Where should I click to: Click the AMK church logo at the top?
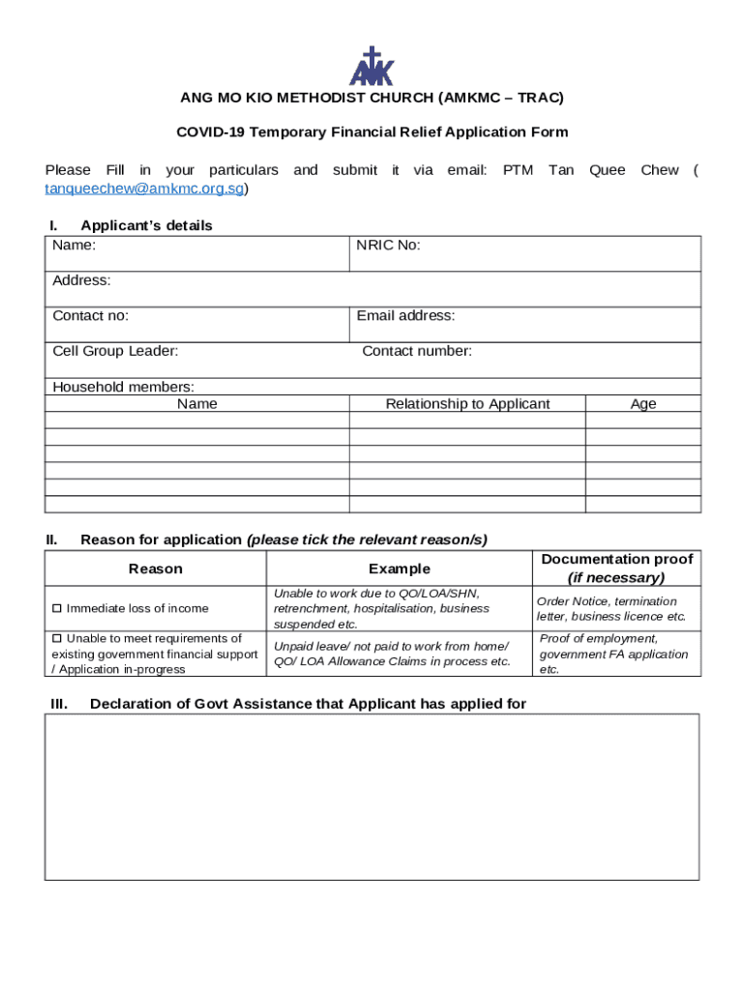click(372, 66)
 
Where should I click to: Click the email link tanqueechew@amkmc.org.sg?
click(145, 189)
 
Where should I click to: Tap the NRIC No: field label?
click(388, 246)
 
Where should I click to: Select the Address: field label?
click(81, 280)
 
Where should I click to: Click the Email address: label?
click(405, 316)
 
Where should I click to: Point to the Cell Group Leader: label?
click(115, 351)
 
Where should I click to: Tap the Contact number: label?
click(417, 351)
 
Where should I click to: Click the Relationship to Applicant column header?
click(467, 404)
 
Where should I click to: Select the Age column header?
click(643, 404)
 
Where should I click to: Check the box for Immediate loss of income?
click(57, 608)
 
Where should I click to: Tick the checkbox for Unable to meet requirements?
click(57, 638)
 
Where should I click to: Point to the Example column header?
click(400, 568)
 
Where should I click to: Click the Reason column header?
click(155, 568)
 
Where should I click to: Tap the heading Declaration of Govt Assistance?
click(308, 704)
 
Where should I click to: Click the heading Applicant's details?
click(146, 225)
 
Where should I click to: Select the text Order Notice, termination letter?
click(607, 601)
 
